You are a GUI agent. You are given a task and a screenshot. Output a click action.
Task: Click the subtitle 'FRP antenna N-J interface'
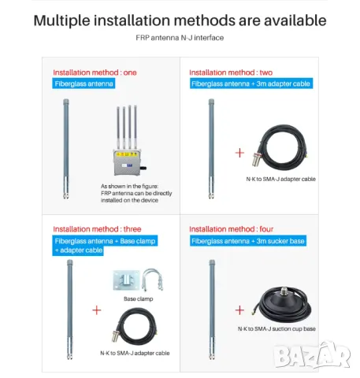tap(180, 37)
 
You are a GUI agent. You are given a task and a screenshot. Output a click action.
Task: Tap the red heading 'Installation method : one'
tap(95, 72)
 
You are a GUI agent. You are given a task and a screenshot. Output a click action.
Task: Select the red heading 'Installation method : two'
tap(231, 72)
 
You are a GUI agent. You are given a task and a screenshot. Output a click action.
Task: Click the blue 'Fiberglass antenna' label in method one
tap(84, 83)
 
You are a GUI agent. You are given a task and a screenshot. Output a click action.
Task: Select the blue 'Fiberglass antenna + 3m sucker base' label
tap(247, 240)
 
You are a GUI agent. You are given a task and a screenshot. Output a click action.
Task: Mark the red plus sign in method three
tap(97, 310)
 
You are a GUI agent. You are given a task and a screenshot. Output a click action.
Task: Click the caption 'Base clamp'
tap(139, 299)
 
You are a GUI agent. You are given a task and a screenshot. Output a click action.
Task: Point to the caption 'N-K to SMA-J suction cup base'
tap(276, 328)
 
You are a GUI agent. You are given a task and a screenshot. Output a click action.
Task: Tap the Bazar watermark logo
tap(312, 356)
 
